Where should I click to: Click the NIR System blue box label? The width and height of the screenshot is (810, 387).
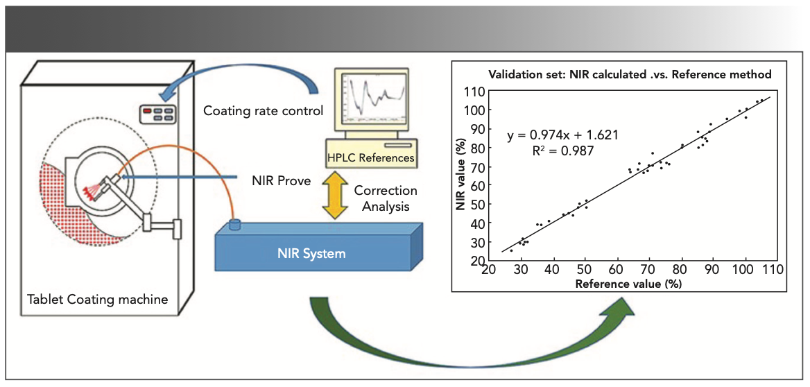click(x=317, y=253)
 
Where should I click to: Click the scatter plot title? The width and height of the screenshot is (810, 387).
click(x=630, y=74)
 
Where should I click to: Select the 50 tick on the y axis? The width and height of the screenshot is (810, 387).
click(x=476, y=205)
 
